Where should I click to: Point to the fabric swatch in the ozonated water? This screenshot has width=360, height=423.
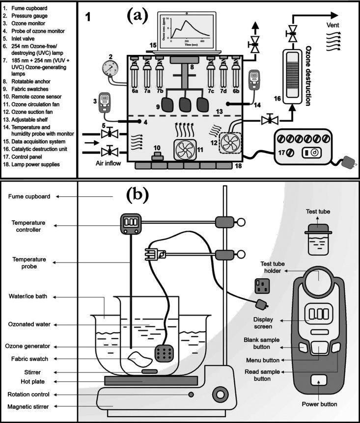click(138, 360)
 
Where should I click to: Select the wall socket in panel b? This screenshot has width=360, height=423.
click(262, 287)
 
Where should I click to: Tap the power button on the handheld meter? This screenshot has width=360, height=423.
click(319, 380)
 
